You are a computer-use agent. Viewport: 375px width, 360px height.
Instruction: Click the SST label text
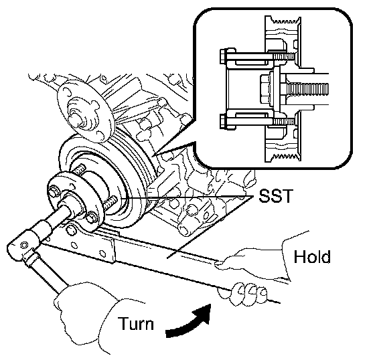[276, 196]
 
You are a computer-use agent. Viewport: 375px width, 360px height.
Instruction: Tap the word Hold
[312, 257]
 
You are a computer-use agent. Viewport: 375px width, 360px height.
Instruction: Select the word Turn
[136, 323]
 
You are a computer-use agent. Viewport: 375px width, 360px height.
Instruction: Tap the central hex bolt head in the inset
[265, 90]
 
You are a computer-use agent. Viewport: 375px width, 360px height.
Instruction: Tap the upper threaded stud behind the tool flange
[79, 169]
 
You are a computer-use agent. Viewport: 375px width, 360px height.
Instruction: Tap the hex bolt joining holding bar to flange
[71, 229]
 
